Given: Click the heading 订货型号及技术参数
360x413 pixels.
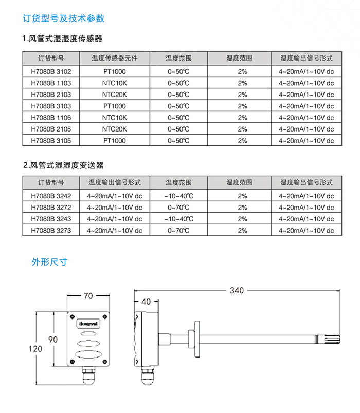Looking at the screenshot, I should click(x=64, y=18).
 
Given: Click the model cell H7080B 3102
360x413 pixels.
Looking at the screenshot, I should click(x=51, y=71).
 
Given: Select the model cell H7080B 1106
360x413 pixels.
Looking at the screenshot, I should click(x=51, y=118).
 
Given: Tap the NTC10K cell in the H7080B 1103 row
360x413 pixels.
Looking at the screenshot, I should click(x=114, y=83).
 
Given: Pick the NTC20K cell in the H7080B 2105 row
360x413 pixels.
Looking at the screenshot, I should click(x=114, y=129).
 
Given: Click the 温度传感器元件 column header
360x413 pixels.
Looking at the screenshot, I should click(x=114, y=58).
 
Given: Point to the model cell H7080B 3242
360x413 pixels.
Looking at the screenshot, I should click(x=51, y=196).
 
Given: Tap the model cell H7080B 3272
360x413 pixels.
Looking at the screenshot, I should click(x=51, y=208).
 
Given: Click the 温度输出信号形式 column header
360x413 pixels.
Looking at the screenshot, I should click(x=114, y=182).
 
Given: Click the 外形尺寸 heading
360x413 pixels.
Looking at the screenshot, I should click(x=49, y=262).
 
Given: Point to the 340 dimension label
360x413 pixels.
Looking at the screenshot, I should click(x=237, y=291).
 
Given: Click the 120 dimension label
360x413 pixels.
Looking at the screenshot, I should click(x=35, y=349).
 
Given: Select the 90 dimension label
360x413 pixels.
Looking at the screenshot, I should click(x=53, y=339).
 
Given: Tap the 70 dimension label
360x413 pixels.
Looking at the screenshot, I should click(x=88, y=296).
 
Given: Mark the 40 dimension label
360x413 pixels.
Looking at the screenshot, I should click(x=146, y=302).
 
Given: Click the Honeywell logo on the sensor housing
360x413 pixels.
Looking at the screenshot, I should click(x=88, y=324).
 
